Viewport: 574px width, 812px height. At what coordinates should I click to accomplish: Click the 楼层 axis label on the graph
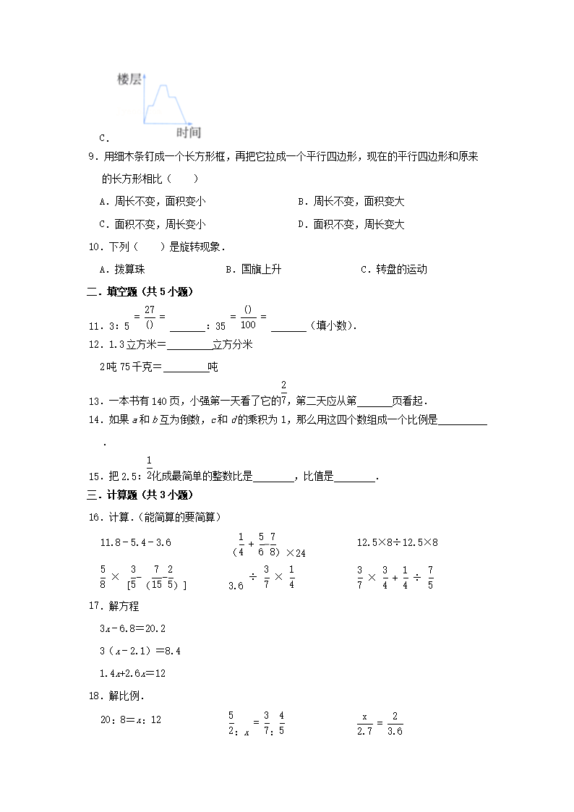(129, 80)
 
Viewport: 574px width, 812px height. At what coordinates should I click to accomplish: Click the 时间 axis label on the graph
(188, 132)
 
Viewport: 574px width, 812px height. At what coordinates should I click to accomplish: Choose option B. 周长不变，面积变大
(351, 202)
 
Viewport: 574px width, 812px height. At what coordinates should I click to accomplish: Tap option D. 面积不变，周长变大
(351, 224)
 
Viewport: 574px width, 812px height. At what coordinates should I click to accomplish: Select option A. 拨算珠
(122, 269)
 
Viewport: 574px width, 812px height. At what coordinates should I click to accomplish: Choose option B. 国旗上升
(253, 269)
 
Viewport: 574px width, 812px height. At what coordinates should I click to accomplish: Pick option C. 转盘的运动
(394, 269)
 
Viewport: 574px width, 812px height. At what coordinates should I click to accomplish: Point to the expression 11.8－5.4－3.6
(135, 542)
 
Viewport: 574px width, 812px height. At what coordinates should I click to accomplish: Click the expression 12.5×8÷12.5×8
(398, 542)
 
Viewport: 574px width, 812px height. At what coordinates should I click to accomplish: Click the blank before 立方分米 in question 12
(189, 345)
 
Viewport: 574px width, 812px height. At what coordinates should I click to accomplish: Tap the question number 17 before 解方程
(93, 606)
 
